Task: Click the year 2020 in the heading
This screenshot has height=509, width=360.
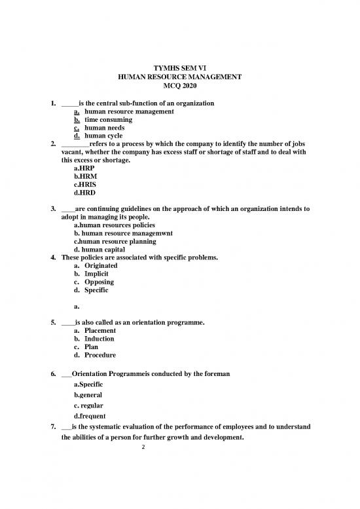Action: pos(193,86)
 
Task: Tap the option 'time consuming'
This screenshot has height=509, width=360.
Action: pos(108,120)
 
